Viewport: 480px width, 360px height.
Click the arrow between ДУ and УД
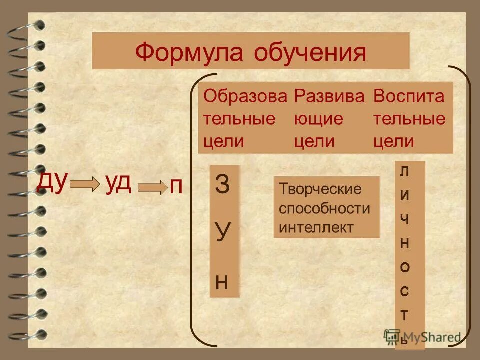(85, 185)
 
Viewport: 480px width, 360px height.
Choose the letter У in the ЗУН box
(223, 232)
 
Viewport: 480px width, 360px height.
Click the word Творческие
(320, 189)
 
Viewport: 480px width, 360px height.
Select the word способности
(325, 208)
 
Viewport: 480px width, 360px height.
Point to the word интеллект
(316, 227)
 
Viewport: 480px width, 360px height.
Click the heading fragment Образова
(245, 96)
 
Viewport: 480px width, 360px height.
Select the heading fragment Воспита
(408, 96)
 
